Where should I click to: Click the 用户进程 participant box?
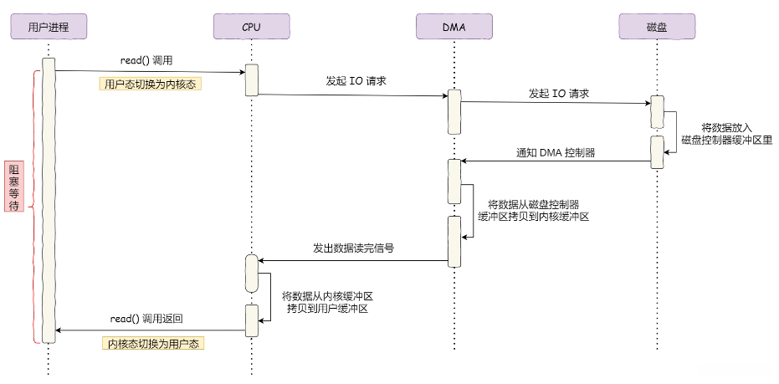[x=48, y=27]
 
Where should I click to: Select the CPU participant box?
[x=251, y=27]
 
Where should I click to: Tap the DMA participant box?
[x=454, y=27]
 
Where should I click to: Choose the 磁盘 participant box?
[x=657, y=27]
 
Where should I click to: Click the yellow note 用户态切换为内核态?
[x=151, y=84]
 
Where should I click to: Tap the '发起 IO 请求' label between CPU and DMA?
[x=355, y=82]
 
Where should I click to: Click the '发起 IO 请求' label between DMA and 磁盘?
[x=558, y=93]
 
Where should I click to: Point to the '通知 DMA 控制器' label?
[x=553, y=152]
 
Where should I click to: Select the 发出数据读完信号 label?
[x=353, y=248]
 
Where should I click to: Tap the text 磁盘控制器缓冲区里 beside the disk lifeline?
[x=725, y=140]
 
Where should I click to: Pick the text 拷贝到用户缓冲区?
[x=327, y=309]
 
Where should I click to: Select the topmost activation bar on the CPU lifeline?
[x=251, y=79]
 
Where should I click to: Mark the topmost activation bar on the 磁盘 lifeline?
[x=658, y=112]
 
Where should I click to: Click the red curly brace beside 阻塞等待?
[x=35, y=206]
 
